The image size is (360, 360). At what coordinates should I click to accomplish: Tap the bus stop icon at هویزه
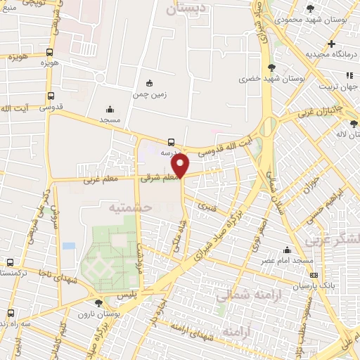[x=49, y=52]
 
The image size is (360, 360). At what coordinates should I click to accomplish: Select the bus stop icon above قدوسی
[x=50, y=96]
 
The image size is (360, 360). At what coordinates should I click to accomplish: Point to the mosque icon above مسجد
[x=109, y=109]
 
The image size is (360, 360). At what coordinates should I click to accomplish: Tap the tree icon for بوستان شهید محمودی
[x=310, y=8]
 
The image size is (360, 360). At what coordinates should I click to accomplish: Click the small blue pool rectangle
[x=68, y=245]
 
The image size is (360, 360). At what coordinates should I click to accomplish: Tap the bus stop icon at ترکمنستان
[x=10, y=262]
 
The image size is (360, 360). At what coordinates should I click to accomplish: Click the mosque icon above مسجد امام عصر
[x=287, y=250]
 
